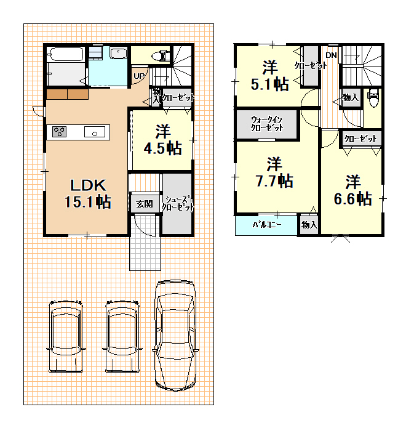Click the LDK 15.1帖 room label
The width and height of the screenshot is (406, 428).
[x=88, y=194]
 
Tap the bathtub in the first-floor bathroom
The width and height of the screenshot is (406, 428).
[x=65, y=55]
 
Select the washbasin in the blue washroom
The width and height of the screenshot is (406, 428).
[x=119, y=53]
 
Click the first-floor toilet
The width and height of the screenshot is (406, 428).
[x=161, y=55]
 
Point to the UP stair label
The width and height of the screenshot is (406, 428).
[x=139, y=76]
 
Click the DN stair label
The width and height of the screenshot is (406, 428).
[x=332, y=55]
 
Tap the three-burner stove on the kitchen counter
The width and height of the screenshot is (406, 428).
[x=60, y=132]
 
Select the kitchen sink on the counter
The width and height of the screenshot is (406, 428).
[x=95, y=132]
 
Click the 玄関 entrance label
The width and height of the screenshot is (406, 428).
[x=145, y=204]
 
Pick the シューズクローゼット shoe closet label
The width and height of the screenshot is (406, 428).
[x=178, y=203]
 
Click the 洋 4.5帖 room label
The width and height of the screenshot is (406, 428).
[x=163, y=140]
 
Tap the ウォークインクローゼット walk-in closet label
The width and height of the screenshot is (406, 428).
[x=266, y=124]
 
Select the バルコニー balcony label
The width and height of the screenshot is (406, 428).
[x=267, y=225]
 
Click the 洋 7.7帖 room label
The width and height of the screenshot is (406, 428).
[x=274, y=172]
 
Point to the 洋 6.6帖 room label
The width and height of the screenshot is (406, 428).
[x=353, y=190]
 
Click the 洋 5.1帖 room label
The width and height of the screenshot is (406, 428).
[x=269, y=76]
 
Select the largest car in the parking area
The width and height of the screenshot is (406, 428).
[x=175, y=335]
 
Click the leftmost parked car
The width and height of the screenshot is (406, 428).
[x=66, y=337]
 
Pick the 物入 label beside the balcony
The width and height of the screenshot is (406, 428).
[x=309, y=225]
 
